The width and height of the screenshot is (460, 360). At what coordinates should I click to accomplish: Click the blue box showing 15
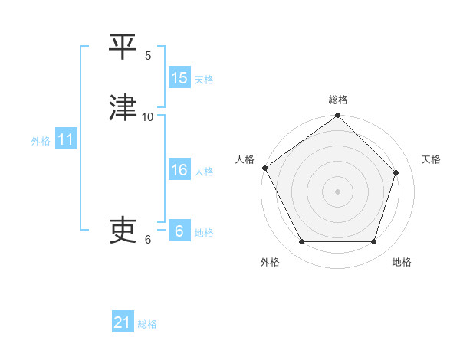(179, 78)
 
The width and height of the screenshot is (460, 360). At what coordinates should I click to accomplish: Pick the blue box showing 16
(179, 170)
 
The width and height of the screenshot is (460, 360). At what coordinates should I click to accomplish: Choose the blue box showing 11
(66, 140)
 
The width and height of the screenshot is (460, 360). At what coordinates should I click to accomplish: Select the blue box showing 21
(123, 323)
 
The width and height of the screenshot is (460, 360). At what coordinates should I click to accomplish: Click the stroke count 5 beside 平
(148, 55)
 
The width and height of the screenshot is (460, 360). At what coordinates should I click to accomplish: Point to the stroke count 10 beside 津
(148, 116)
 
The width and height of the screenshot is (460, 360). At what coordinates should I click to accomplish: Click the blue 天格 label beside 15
(204, 79)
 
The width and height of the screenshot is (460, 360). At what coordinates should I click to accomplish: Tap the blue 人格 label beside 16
(204, 172)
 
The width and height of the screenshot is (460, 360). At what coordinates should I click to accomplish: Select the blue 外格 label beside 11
(41, 141)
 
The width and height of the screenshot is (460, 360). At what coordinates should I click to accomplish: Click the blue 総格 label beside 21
(147, 324)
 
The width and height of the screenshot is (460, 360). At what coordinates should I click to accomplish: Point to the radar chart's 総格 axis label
(338, 100)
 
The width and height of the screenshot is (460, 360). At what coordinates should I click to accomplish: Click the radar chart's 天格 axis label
(432, 159)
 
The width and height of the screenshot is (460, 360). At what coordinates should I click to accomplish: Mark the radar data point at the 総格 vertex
(338, 116)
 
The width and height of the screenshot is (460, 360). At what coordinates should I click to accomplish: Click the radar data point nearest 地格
(374, 242)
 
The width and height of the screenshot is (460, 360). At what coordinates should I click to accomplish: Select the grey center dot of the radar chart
(338, 191)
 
